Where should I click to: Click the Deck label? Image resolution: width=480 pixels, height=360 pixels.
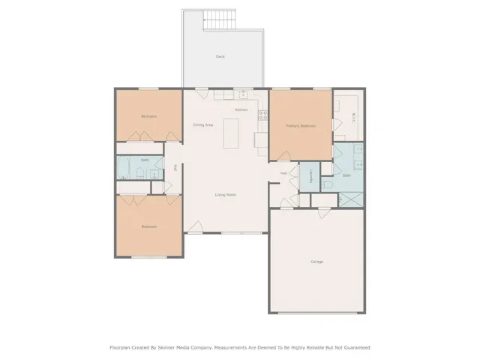[220, 57]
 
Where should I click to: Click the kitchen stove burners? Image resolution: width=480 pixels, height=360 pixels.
[262, 115]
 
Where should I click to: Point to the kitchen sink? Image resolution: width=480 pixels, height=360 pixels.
[242, 94]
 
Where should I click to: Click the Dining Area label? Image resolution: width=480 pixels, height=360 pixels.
[202, 124]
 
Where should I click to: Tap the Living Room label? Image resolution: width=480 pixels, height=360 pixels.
[226, 195]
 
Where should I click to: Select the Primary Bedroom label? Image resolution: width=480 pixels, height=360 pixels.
[301, 126]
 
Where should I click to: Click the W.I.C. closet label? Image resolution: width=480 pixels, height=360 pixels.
[353, 117]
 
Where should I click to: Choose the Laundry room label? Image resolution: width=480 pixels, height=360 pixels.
[310, 177]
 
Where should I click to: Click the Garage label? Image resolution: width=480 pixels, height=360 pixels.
[317, 262]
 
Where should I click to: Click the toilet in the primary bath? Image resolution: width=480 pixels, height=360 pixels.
[328, 184]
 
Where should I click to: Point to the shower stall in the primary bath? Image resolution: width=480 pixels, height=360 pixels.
[351, 199]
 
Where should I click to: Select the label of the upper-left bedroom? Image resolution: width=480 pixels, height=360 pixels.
[148, 116]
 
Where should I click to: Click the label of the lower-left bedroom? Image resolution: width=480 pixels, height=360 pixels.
[148, 226]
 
